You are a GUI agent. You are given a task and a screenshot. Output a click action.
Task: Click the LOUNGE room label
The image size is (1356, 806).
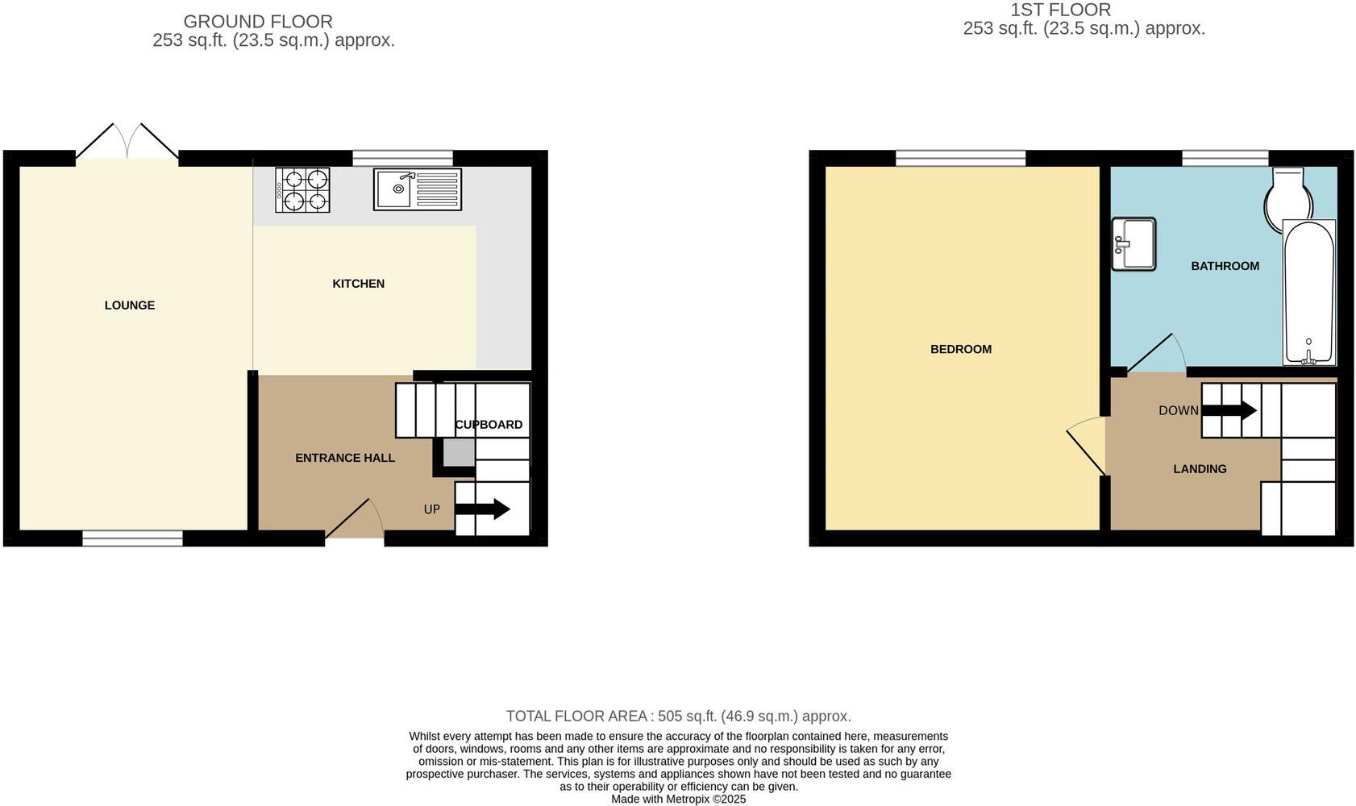click(129, 305)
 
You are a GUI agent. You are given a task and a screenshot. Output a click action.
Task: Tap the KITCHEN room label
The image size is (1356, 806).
click(358, 284)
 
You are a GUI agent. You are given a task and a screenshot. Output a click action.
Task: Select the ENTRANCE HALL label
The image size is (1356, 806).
click(344, 458)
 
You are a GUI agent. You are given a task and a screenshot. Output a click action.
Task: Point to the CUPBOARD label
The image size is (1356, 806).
click(489, 425)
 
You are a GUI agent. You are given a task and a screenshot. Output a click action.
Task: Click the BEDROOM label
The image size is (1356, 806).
click(960, 349)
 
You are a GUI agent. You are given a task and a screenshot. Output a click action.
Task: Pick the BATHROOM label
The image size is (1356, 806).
click(1225, 266)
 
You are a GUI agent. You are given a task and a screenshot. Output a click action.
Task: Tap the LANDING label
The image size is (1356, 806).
click(1200, 469)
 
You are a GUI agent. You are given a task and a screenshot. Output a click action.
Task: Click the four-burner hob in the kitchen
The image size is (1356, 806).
click(302, 190)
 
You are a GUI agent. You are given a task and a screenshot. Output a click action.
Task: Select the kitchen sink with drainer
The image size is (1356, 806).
click(417, 189)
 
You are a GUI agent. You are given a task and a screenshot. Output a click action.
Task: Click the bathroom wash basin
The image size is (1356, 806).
click(1133, 243)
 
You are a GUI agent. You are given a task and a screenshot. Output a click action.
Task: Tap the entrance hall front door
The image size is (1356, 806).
click(355, 520)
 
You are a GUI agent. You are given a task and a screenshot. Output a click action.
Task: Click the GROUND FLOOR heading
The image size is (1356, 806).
click(258, 22)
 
